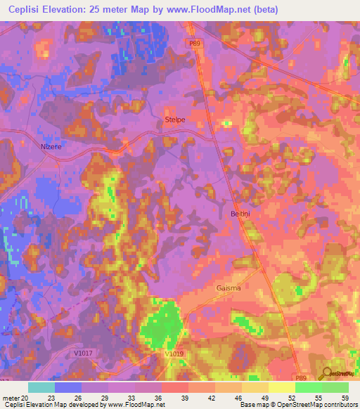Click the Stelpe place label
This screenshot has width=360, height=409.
(x=174, y=119)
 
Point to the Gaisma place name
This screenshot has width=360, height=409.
(x=228, y=288)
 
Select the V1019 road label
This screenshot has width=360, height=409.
(x=174, y=354)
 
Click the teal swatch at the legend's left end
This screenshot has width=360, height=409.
(x=41, y=387)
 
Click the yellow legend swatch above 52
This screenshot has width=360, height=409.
(x=281, y=387)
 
